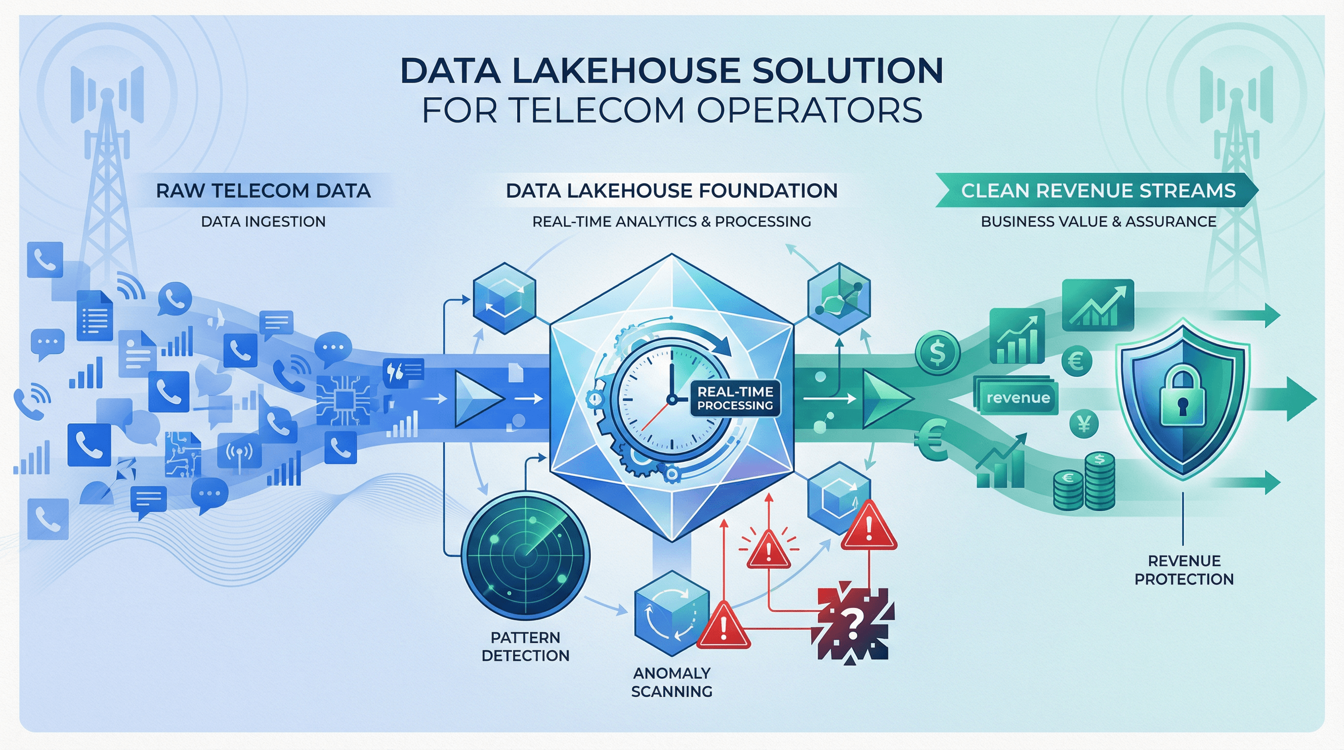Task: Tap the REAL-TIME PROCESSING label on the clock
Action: click(x=735, y=398)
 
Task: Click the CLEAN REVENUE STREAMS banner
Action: click(x=1098, y=190)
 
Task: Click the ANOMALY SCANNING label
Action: click(x=672, y=682)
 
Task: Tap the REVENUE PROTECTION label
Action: click(x=1184, y=569)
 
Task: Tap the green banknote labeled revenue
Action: click(x=1017, y=398)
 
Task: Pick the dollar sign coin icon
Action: click(x=938, y=353)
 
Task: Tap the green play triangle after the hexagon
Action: click(x=885, y=399)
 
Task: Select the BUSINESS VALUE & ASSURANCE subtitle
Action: click(x=1098, y=222)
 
